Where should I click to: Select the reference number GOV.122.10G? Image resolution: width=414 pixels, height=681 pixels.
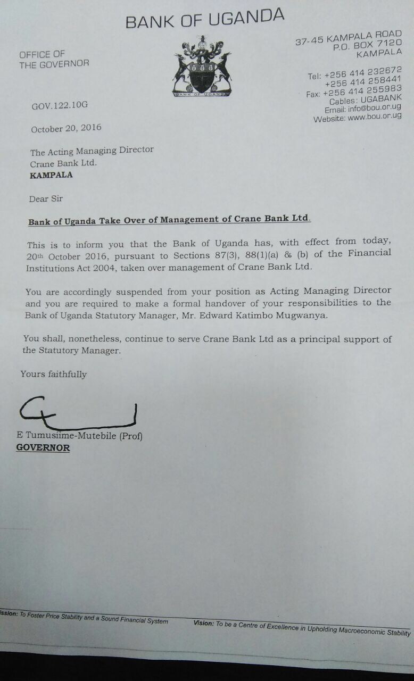point(60,105)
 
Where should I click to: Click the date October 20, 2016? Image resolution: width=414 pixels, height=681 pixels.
point(66,128)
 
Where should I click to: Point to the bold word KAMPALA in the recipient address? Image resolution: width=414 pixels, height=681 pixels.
point(51,175)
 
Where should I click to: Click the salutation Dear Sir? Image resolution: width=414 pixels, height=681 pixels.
point(46,198)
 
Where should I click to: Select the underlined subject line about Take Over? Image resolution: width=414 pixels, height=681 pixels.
point(169,219)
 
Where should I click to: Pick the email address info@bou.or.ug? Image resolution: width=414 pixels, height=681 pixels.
point(366,109)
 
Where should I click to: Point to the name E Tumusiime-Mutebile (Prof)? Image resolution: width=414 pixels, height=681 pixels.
point(80,436)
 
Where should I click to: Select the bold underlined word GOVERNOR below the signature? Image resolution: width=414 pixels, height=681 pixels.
point(43,448)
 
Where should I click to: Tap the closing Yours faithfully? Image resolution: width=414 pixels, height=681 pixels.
point(53,374)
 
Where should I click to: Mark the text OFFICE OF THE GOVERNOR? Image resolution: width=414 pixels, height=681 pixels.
point(54,59)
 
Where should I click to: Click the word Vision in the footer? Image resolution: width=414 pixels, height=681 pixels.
point(203,623)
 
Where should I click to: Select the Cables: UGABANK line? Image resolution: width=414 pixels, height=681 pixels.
point(365,101)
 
